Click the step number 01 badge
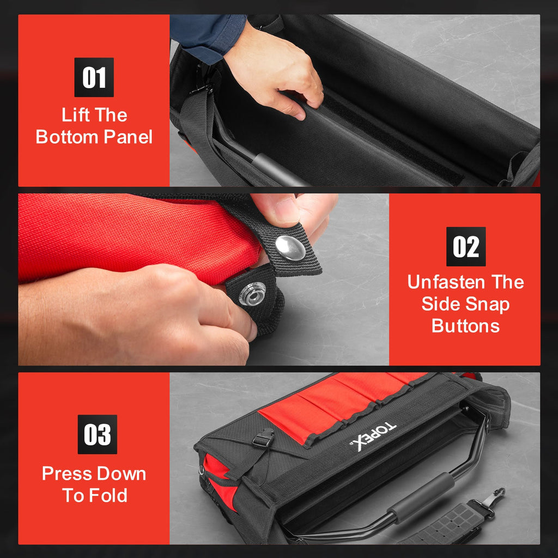point(94,77)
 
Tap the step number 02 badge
point(466,246)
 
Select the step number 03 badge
point(97,434)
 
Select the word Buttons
point(466,326)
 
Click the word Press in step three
point(64,474)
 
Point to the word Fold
point(110,495)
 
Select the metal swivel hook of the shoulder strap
point(494,500)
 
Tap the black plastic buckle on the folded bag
point(264,438)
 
